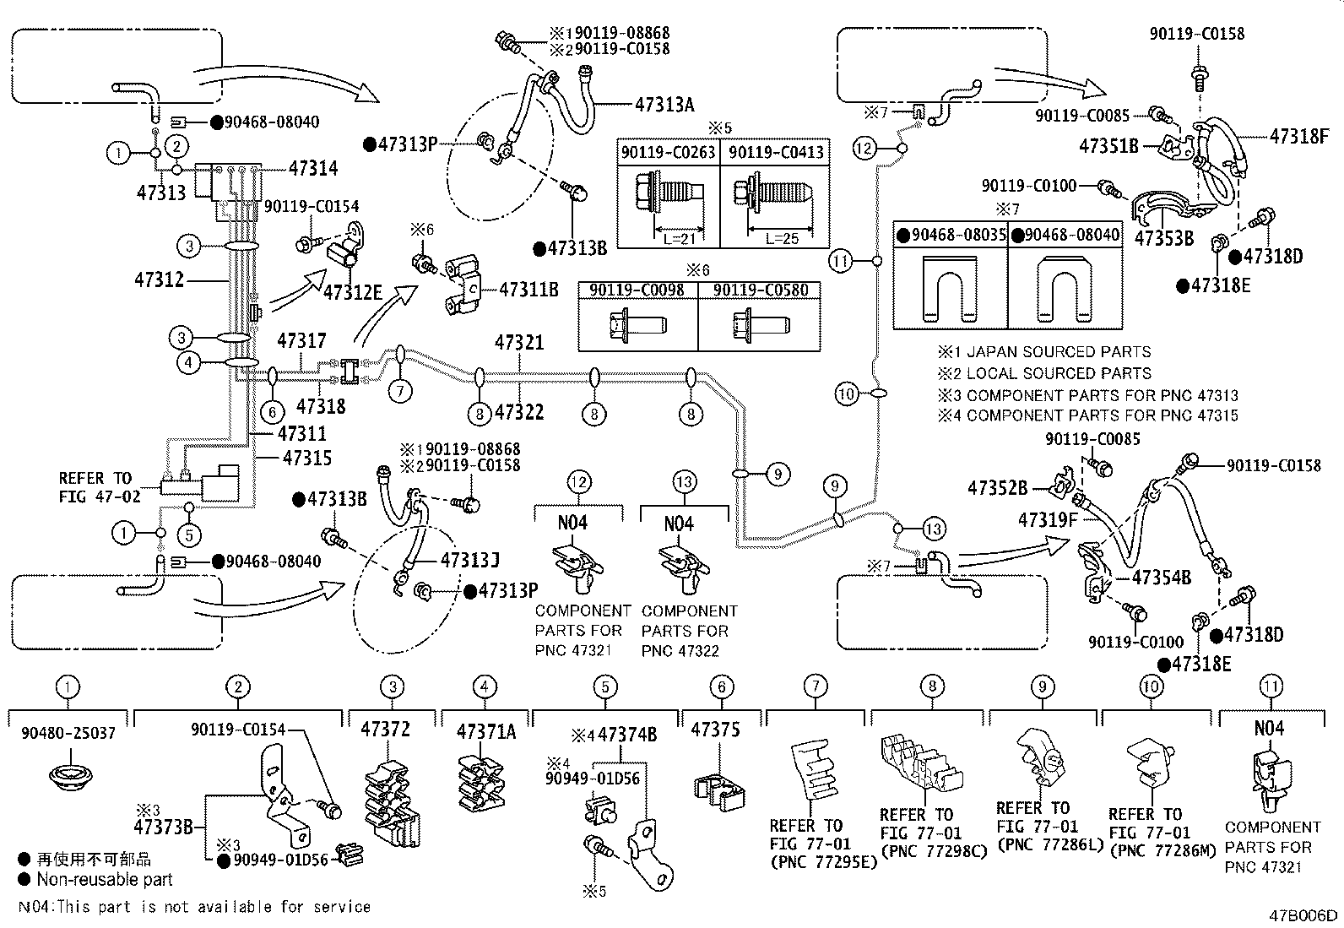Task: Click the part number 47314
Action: pyautogui.click(x=312, y=168)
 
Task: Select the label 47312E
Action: pyautogui.click(x=352, y=292)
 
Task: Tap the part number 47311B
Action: pyautogui.click(x=528, y=290)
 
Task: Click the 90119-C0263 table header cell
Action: pyautogui.click(x=668, y=152)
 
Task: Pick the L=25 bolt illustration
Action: pyautogui.click(x=773, y=204)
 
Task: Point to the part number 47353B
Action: pyautogui.click(x=1164, y=239)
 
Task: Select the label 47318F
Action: pyautogui.click(x=1299, y=136)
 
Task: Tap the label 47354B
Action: pyautogui.click(x=1161, y=578)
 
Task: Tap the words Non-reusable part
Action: pyautogui.click(x=104, y=880)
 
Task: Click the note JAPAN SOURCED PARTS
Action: pyautogui.click(x=1058, y=352)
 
